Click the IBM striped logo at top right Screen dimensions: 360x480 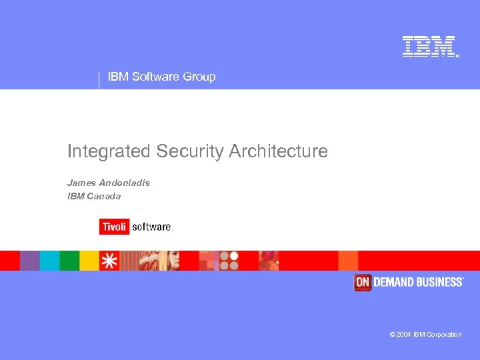(429, 46)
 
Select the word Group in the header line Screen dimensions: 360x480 (199, 77)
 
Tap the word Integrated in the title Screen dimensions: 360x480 (109, 151)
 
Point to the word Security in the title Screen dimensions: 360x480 (191, 151)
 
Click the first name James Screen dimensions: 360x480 (81, 182)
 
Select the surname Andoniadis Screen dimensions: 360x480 (125, 182)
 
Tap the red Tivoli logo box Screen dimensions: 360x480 (113, 227)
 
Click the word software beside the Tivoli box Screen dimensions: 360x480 (151, 227)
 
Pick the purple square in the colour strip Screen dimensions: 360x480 (30, 260)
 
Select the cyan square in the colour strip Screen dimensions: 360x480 (50, 260)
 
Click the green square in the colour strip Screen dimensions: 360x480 (69, 260)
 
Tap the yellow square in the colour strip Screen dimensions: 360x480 (89, 260)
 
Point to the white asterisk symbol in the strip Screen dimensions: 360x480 (109, 260)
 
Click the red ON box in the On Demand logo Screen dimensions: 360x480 (362, 282)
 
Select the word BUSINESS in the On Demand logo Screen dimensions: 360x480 (437, 282)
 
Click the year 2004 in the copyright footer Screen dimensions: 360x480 (404, 335)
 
